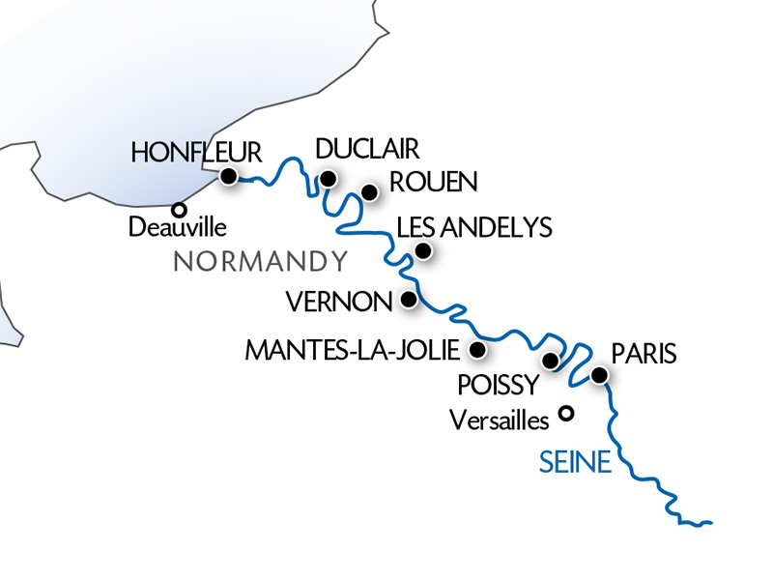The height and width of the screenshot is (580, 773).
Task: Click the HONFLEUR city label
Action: pos(196,152)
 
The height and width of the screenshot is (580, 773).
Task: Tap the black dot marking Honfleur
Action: pos(229,176)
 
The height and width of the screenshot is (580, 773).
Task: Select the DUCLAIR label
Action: pos(367,150)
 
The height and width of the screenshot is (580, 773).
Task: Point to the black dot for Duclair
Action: pos(329,179)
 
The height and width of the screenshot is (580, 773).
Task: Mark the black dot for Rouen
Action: pos(368,193)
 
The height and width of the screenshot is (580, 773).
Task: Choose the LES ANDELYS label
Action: pos(474,228)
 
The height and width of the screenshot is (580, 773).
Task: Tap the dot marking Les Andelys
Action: pos(422,251)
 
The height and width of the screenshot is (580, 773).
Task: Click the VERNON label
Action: pos(339,302)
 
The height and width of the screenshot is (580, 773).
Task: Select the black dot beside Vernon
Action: pos(408,300)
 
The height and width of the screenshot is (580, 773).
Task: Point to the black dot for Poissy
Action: pos(551,362)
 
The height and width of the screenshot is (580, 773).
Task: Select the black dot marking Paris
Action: pos(599,375)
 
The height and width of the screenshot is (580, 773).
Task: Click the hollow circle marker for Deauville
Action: pos(179,209)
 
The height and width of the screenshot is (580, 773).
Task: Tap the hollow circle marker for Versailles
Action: pos(567,414)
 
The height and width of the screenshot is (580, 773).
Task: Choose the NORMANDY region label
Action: pos(260,261)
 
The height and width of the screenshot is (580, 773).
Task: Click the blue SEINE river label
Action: pos(574,464)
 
